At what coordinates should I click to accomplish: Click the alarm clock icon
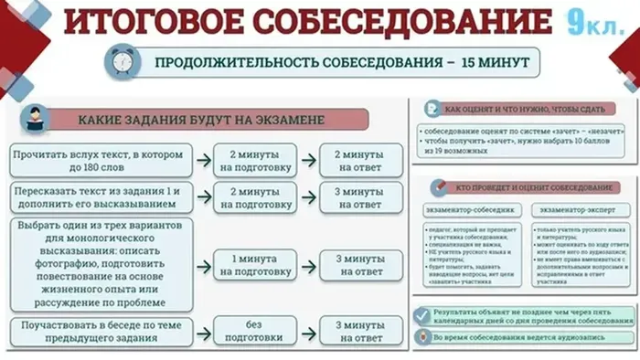pos(122,63)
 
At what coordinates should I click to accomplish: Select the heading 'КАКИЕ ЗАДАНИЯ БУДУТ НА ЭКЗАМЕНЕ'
pos(209,120)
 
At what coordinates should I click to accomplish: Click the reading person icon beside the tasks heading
pos(35,119)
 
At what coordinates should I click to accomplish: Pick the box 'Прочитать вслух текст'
pos(99,161)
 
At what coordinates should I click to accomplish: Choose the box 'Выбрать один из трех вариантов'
pos(99,264)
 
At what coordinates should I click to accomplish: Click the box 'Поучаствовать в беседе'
pos(99,332)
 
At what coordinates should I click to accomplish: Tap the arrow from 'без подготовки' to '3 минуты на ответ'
pos(309,332)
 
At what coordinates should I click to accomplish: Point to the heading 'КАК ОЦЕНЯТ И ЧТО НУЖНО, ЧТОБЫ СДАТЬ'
pos(525,110)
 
